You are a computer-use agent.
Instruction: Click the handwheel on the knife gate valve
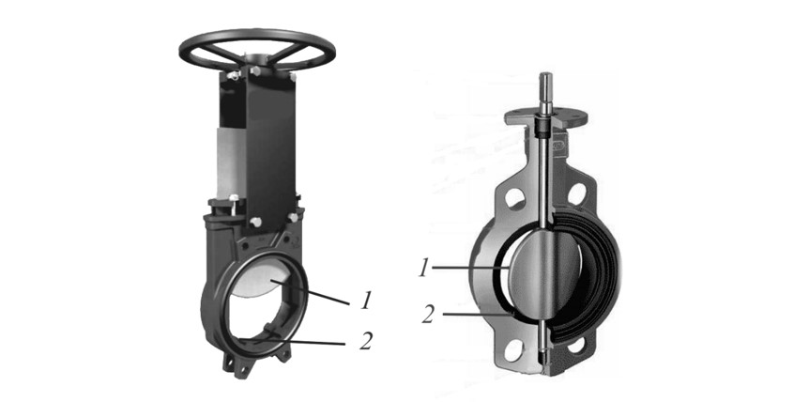pyautogui.click(x=257, y=37)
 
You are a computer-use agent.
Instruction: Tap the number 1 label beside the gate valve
pyautogui.click(x=366, y=301)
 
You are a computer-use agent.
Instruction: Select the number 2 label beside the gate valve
pyautogui.click(x=366, y=341)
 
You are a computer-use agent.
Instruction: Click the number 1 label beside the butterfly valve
pyautogui.click(x=424, y=268)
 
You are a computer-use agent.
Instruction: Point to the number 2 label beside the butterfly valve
pyautogui.click(x=428, y=315)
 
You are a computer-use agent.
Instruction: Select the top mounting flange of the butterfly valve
pyautogui.click(x=546, y=118)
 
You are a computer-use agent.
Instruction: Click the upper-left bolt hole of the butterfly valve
pyautogui.click(x=515, y=199)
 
